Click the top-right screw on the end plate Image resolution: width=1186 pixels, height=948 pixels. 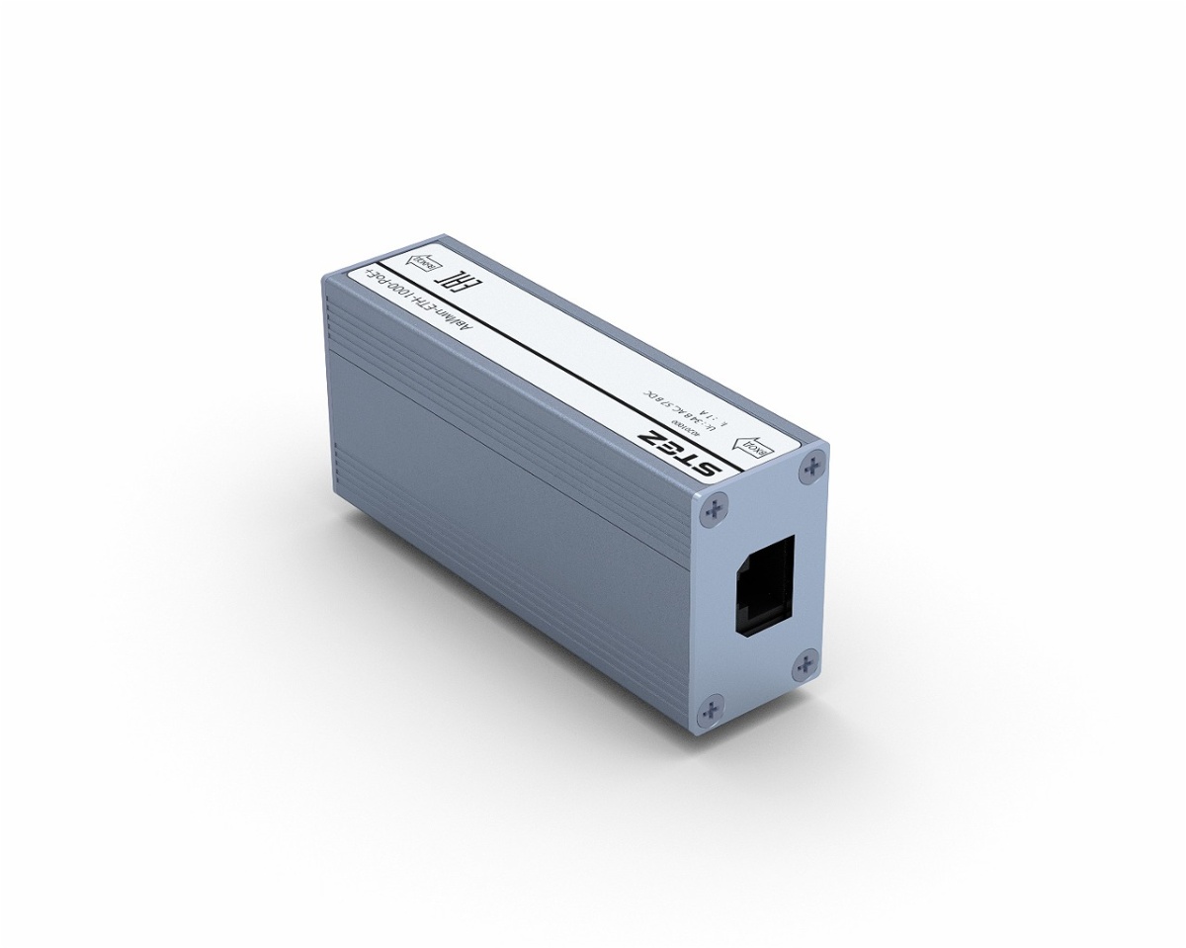click(814, 464)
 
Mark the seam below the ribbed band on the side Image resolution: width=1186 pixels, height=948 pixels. click(494, 436)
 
